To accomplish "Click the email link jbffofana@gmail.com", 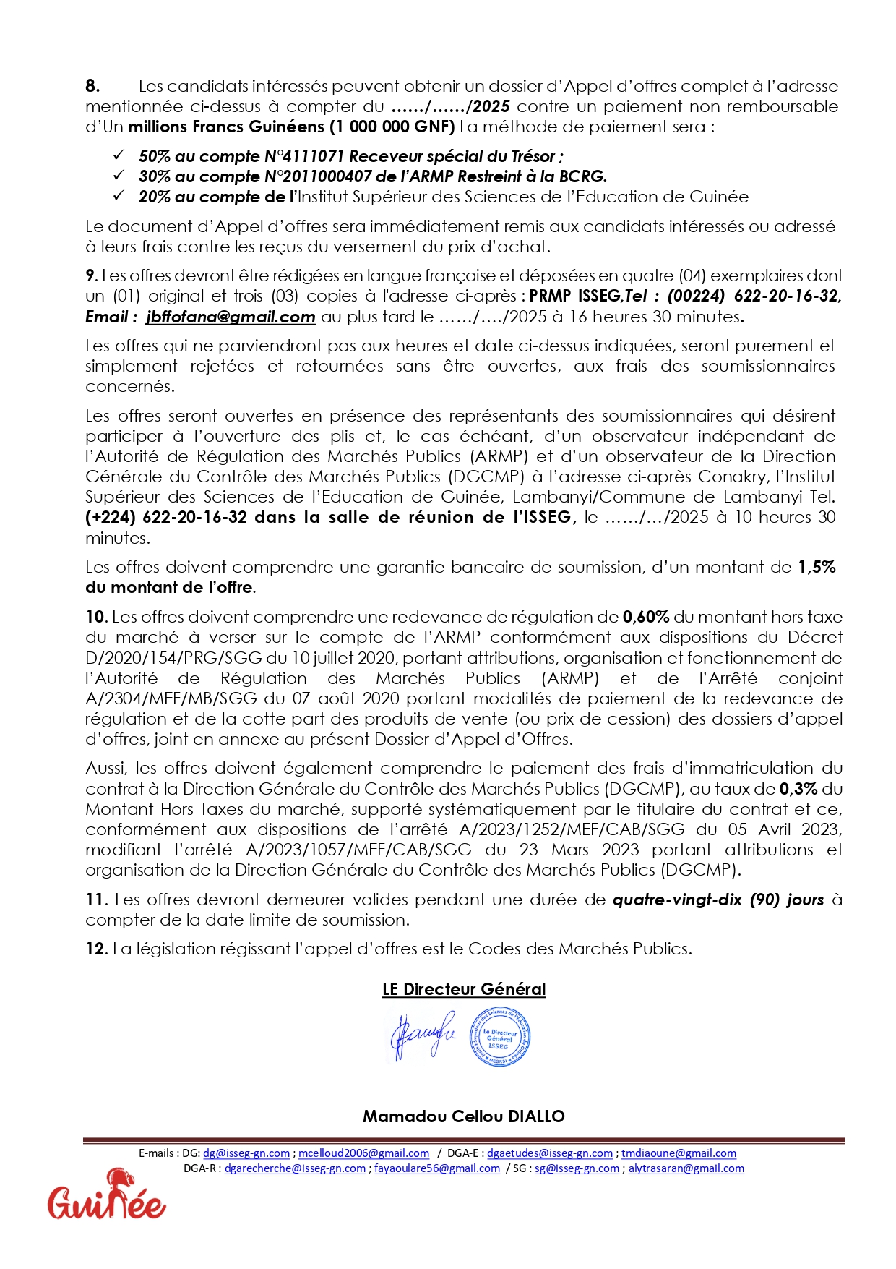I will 231,317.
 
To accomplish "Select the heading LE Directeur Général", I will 464,989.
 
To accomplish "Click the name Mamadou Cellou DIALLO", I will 464,1116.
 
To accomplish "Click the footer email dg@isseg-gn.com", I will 246,1153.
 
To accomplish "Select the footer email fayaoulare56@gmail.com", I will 437,1168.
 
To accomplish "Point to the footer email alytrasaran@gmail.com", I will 686,1168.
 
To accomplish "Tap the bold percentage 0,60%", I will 645,617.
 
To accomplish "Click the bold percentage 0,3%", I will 798,789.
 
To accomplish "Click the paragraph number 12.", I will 95,949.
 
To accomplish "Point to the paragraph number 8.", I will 92,86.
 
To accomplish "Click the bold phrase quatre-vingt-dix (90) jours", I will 718,900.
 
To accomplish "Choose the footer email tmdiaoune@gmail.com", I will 679,1153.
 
